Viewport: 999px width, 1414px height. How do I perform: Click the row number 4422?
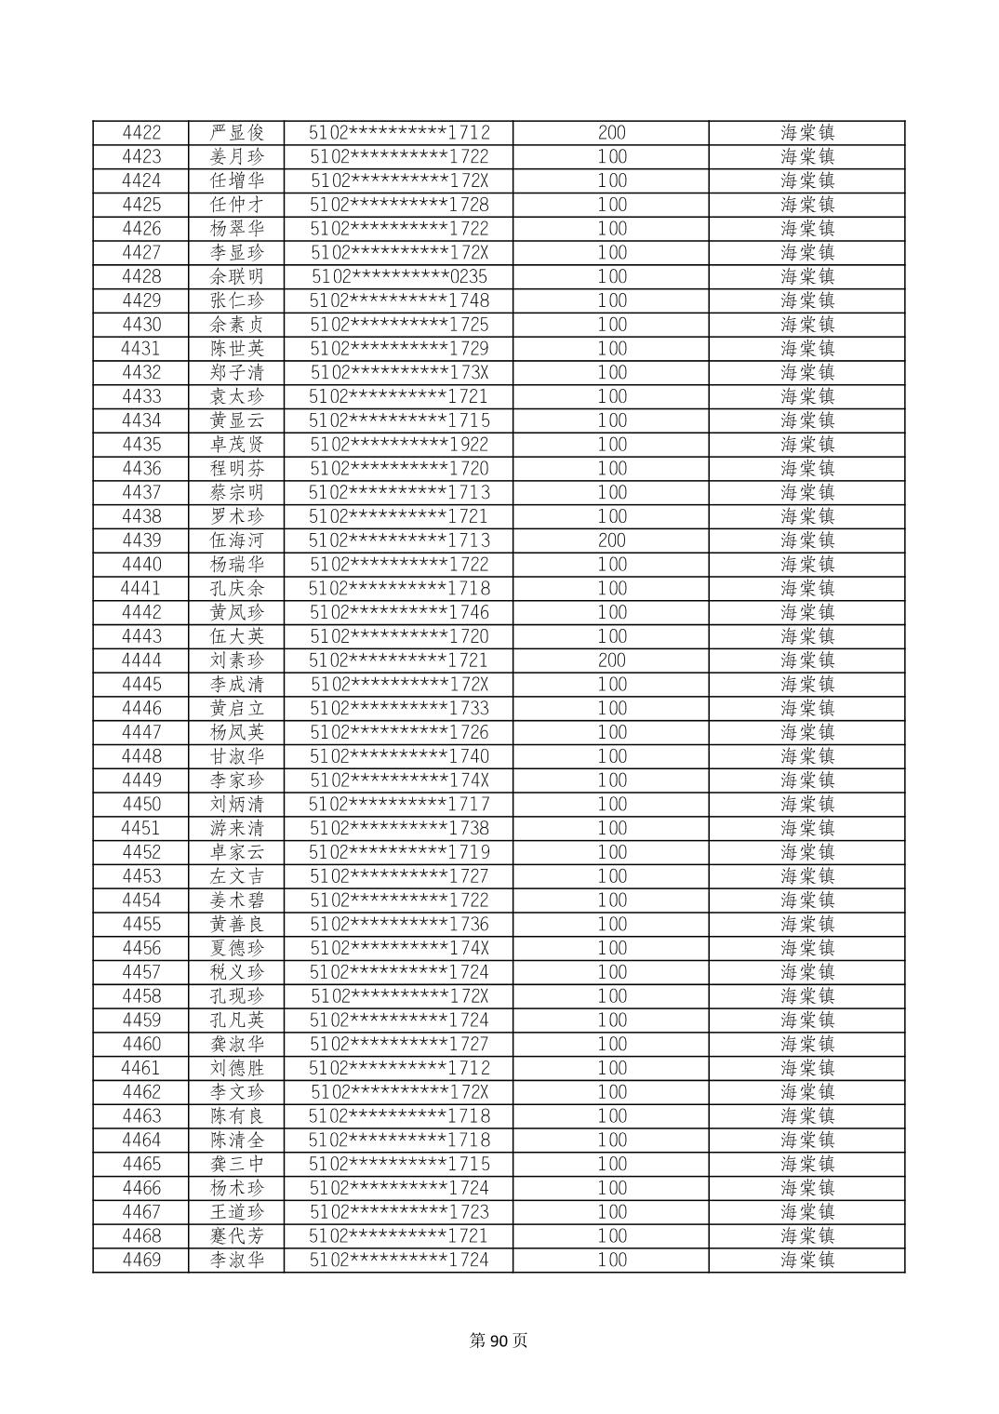click(141, 133)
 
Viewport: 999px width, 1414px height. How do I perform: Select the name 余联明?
click(237, 277)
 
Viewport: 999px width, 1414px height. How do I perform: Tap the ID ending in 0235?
click(399, 277)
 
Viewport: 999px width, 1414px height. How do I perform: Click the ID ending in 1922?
click(399, 445)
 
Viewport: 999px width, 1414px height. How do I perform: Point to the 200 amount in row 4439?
click(611, 540)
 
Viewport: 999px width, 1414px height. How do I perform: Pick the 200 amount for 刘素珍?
click(611, 660)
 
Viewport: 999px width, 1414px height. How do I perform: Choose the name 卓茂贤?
click(237, 445)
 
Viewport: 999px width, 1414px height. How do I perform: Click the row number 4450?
click(141, 805)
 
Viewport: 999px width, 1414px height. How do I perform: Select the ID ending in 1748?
click(399, 300)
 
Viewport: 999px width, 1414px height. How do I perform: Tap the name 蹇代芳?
click(237, 1236)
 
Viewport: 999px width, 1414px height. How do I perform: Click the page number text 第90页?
click(499, 1341)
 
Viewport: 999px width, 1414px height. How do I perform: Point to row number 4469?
click(141, 1261)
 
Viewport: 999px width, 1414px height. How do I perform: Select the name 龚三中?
click(237, 1165)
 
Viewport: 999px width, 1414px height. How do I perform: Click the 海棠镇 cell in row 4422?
click(806, 133)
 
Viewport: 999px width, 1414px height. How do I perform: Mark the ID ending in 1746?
click(399, 612)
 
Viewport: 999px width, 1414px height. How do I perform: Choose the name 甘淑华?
click(237, 756)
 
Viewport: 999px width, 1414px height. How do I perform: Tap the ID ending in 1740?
click(399, 756)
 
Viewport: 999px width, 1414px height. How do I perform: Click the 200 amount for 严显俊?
click(611, 133)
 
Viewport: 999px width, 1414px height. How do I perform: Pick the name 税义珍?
click(237, 972)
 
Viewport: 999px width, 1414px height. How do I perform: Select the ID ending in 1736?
click(399, 925)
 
